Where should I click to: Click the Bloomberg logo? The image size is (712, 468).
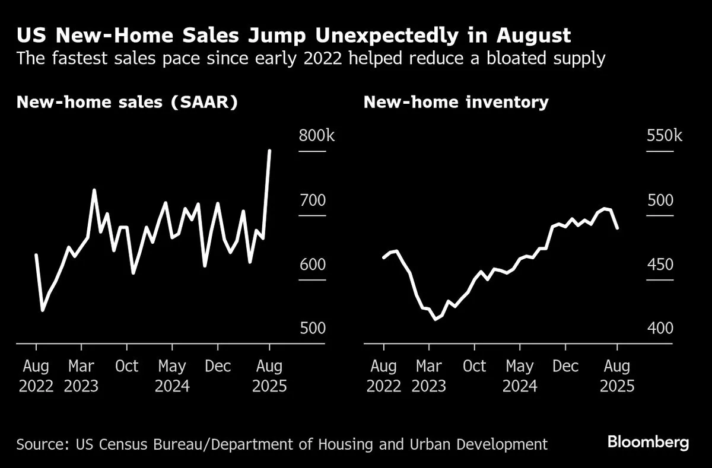pyautogui.click(x=648, y=442)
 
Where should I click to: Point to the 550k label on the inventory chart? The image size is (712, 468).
pyautogui.click(x=664, y=136)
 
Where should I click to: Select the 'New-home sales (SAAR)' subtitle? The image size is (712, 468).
pyautogui.click(x=127, y=102)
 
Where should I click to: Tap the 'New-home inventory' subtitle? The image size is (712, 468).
pyautogui.click(x=456, y=102)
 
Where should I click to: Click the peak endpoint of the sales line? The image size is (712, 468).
pyautogui.click(x=270, y=151)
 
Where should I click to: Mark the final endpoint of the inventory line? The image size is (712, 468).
pyautogui.click(x=618, y=228)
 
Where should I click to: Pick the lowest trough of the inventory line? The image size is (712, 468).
pyautogui.click(x=436, y=319)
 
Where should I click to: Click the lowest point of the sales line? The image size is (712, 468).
pyautogui.click(x=42, y=310)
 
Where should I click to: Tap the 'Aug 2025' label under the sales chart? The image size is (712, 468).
pyautogui.click(x=269, y=376)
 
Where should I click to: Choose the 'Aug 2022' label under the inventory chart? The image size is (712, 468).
pyautogui.click(x=384, y=376)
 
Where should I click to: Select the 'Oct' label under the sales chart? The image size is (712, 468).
pyautogui.click(x=127, y=366)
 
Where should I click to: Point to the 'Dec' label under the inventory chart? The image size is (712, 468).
pyautogui.click(x=565, y=366)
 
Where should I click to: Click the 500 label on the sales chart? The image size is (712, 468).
pyautogui.click(x=313, y=328)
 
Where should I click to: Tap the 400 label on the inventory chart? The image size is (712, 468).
pyautogui.click(x=660, y=328)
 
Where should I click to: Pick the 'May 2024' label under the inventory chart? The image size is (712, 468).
pyautogui.click(x=520, y=376)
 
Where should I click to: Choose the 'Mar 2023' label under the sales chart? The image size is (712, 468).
pyautogui.click(x=81, y=376)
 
